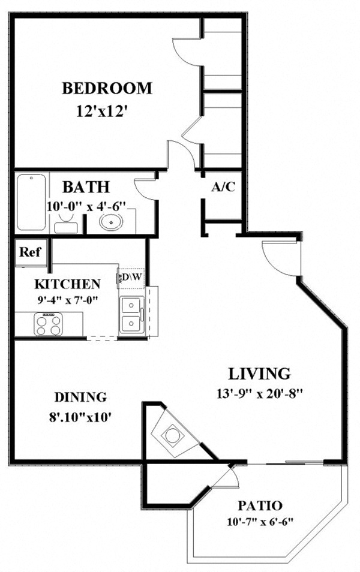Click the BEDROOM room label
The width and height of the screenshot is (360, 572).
tap(107, 89)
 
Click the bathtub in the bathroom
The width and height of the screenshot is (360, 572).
tap(31, 203)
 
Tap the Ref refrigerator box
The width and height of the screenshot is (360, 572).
tap(29, 252)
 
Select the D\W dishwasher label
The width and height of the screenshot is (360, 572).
tap(131, 278)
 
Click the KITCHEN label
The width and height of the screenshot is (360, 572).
tap(67, 283)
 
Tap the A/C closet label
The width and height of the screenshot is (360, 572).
tap(223, 186)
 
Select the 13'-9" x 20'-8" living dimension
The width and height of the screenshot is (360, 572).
tap(260, 394)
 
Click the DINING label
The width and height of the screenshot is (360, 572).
tap(80, 396)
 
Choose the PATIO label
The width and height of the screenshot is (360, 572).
tap(260, 505)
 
